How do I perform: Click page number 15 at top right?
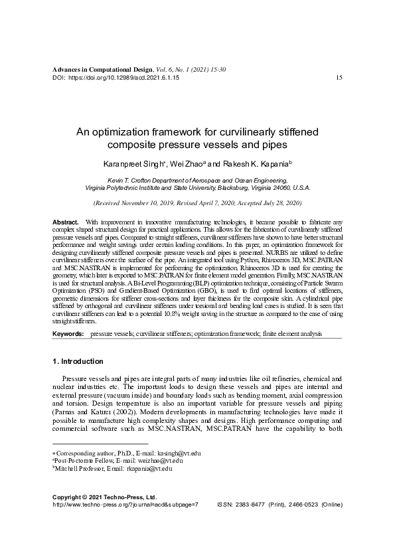pos(339,78)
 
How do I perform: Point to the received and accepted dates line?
pos(197,201)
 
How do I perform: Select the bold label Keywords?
pos(68,333)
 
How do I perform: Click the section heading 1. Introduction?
pos(78,362)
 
